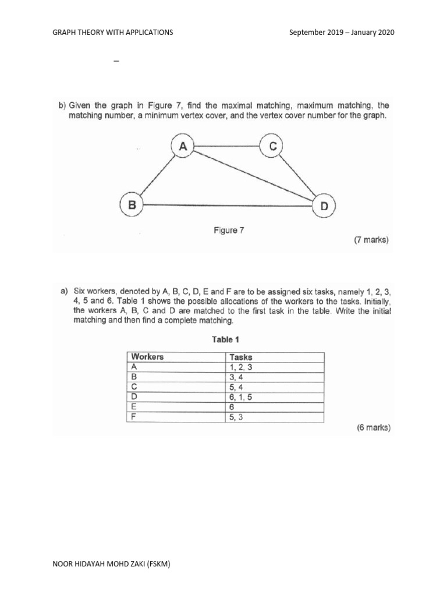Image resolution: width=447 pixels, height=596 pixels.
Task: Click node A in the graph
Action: [183, 147]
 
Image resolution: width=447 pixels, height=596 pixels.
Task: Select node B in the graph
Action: [132, 205]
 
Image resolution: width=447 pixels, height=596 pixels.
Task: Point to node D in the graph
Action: [323, 205]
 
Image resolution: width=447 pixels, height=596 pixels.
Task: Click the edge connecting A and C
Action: [228, 147]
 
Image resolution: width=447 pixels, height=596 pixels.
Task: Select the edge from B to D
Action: [228, 205]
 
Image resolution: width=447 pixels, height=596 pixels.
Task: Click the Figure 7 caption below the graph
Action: [229, 230]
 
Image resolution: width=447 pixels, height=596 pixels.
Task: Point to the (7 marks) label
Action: [371, 239]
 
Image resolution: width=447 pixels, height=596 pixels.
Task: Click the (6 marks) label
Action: [373, 428]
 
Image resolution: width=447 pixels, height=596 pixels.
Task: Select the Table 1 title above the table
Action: [226, 339]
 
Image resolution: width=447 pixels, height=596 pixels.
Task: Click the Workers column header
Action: [147, 357]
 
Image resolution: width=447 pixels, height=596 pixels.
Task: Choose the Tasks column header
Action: [241, 357]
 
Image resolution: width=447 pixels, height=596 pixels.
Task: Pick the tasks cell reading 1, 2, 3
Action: [240, 367]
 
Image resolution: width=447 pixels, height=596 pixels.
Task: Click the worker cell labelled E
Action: [134, 407]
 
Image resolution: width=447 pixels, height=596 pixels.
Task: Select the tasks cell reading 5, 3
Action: [236, 417]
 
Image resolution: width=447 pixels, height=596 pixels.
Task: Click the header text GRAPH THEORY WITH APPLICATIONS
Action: [113, 33]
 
